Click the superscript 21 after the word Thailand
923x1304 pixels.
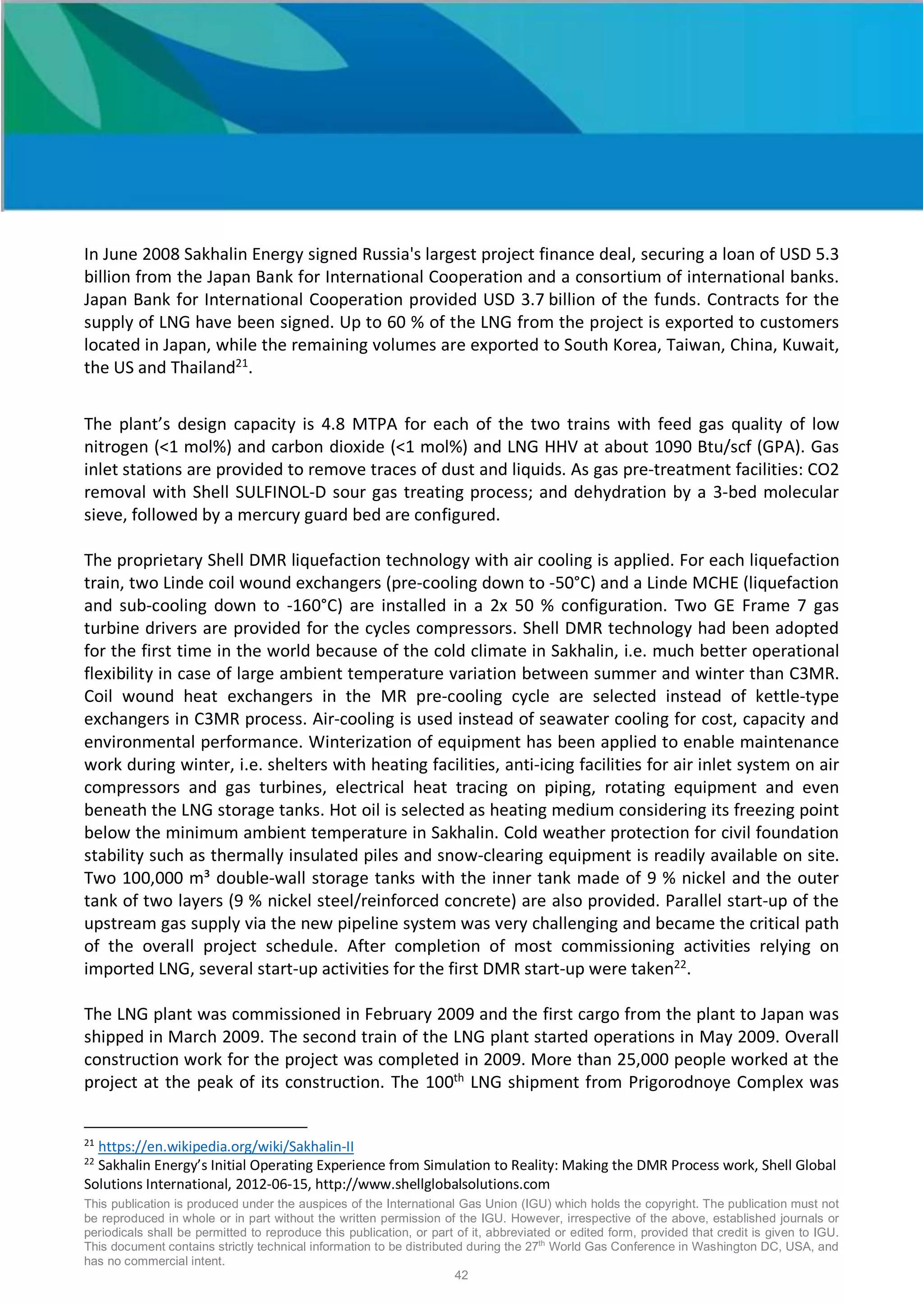(242, 363)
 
